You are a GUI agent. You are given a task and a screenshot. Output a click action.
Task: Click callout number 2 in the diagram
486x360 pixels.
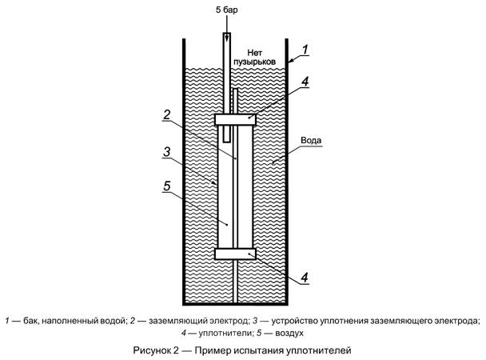click(x=165, y=114)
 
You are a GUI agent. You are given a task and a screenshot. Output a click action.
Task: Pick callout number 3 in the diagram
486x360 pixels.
click(x=165, y=151)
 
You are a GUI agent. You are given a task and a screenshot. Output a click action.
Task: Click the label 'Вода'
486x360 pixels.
click(x=311, y=138)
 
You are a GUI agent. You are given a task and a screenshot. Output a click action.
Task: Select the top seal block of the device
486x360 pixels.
click(x=236, y=119)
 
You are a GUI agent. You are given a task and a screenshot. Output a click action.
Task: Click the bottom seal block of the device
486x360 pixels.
click(x=236, y=254)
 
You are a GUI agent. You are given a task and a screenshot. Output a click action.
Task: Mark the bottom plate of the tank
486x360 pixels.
click(x=236, y=302)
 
